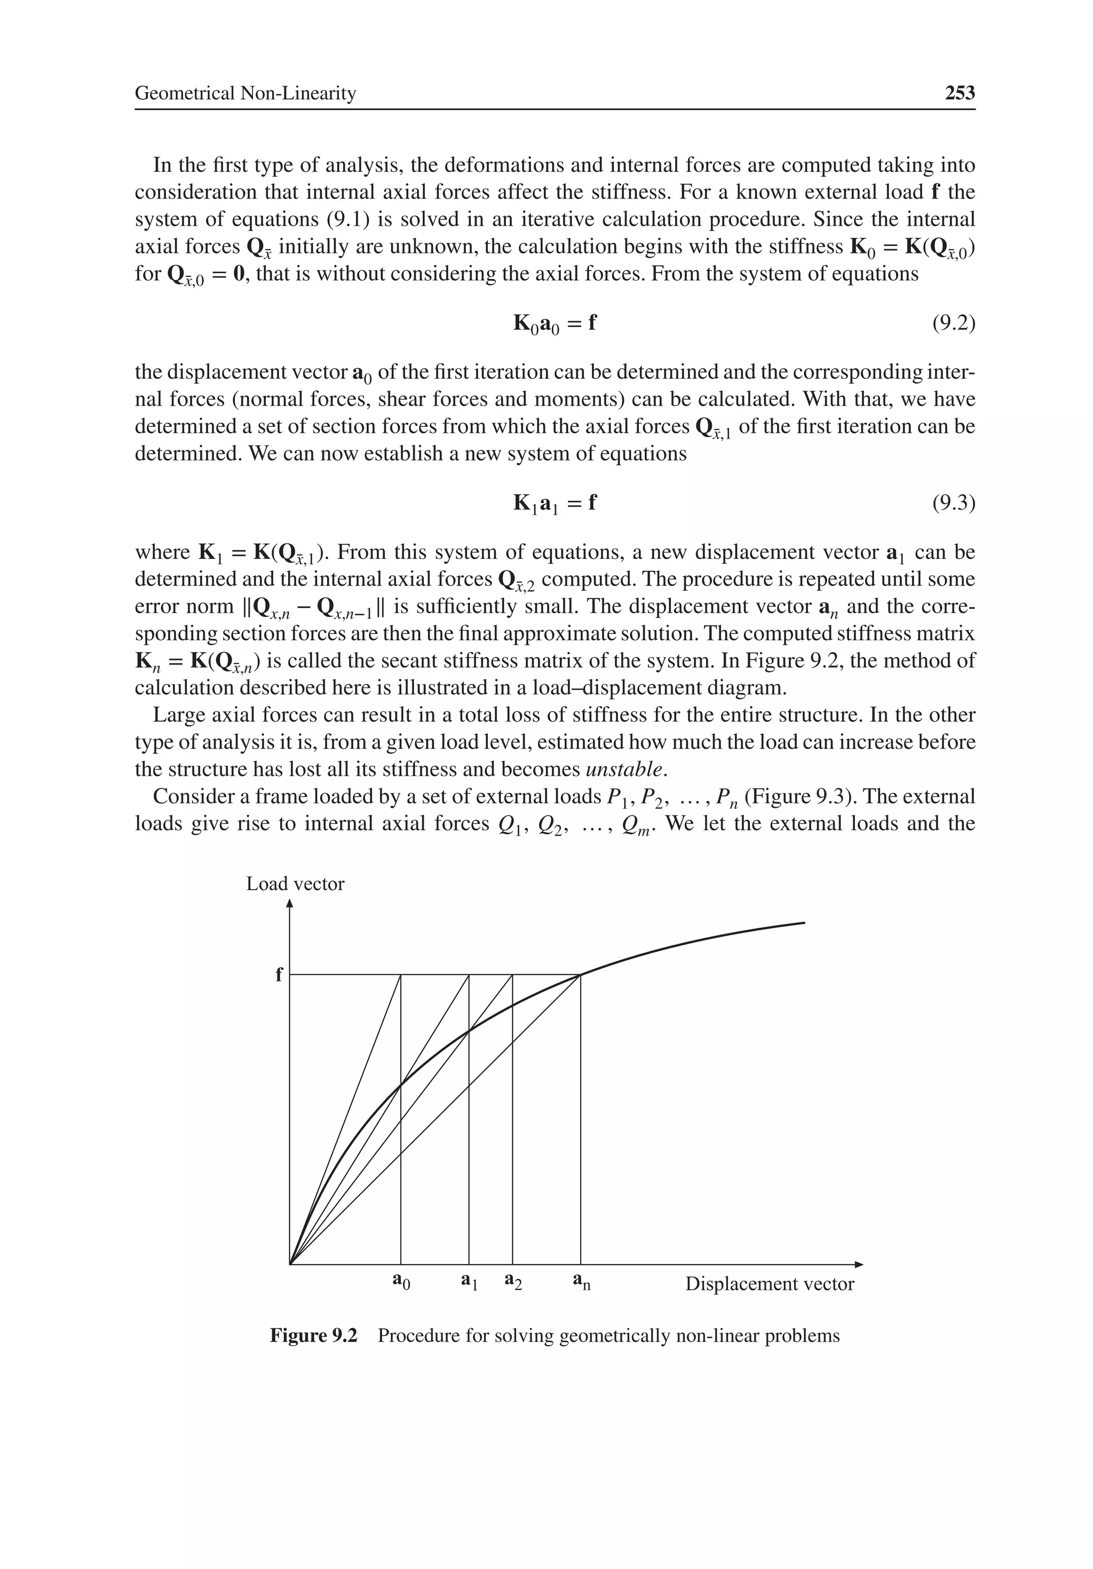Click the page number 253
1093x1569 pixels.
coord(960,93)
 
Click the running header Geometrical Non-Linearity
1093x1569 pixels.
coord(245,93)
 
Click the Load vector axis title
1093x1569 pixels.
coord(295,884)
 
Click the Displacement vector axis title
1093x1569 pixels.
coord(770,1284)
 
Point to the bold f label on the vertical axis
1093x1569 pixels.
coord(278,975)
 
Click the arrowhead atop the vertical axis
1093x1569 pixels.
coord(290,904)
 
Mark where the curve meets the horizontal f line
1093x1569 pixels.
coord(580,975)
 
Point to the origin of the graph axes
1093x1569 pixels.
coord(290,1264)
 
